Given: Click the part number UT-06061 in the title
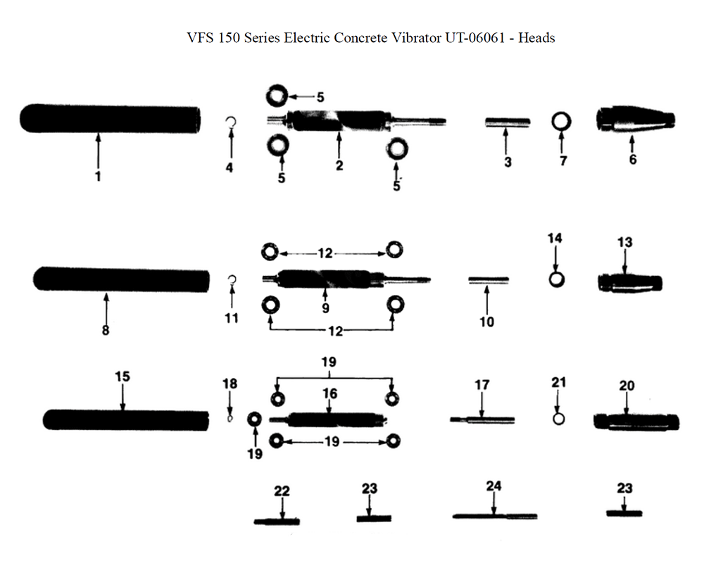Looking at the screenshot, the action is tap(475, 38).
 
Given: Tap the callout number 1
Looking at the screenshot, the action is tap(98, 177).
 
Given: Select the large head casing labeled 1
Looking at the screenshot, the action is tap(110, 118).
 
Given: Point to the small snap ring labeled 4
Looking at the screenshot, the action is tap(231, 122).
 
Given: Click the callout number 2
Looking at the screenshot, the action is tap(339, 165).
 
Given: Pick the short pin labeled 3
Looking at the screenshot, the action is tap(508, 122).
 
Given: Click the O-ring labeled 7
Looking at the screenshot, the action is tap(561, 121).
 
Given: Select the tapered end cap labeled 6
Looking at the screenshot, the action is tap(636, 120).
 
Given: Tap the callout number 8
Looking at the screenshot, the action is tap(106, 330).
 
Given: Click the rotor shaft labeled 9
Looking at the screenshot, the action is tap(346, 279).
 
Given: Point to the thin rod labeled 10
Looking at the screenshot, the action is tap(489, 280).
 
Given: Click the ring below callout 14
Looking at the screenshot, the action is tap(557, 279).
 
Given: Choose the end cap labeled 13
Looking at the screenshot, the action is tap(630, 284).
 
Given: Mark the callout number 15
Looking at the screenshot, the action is tap(122, 377).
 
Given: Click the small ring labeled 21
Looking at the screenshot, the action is tap(558, 419).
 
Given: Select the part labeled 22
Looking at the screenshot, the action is tap(277, 521).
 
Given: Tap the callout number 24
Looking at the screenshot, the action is tap(494, 486).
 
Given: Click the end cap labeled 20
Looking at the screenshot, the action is tap(636, 422).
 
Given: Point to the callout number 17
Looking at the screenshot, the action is tap(482, 385).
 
